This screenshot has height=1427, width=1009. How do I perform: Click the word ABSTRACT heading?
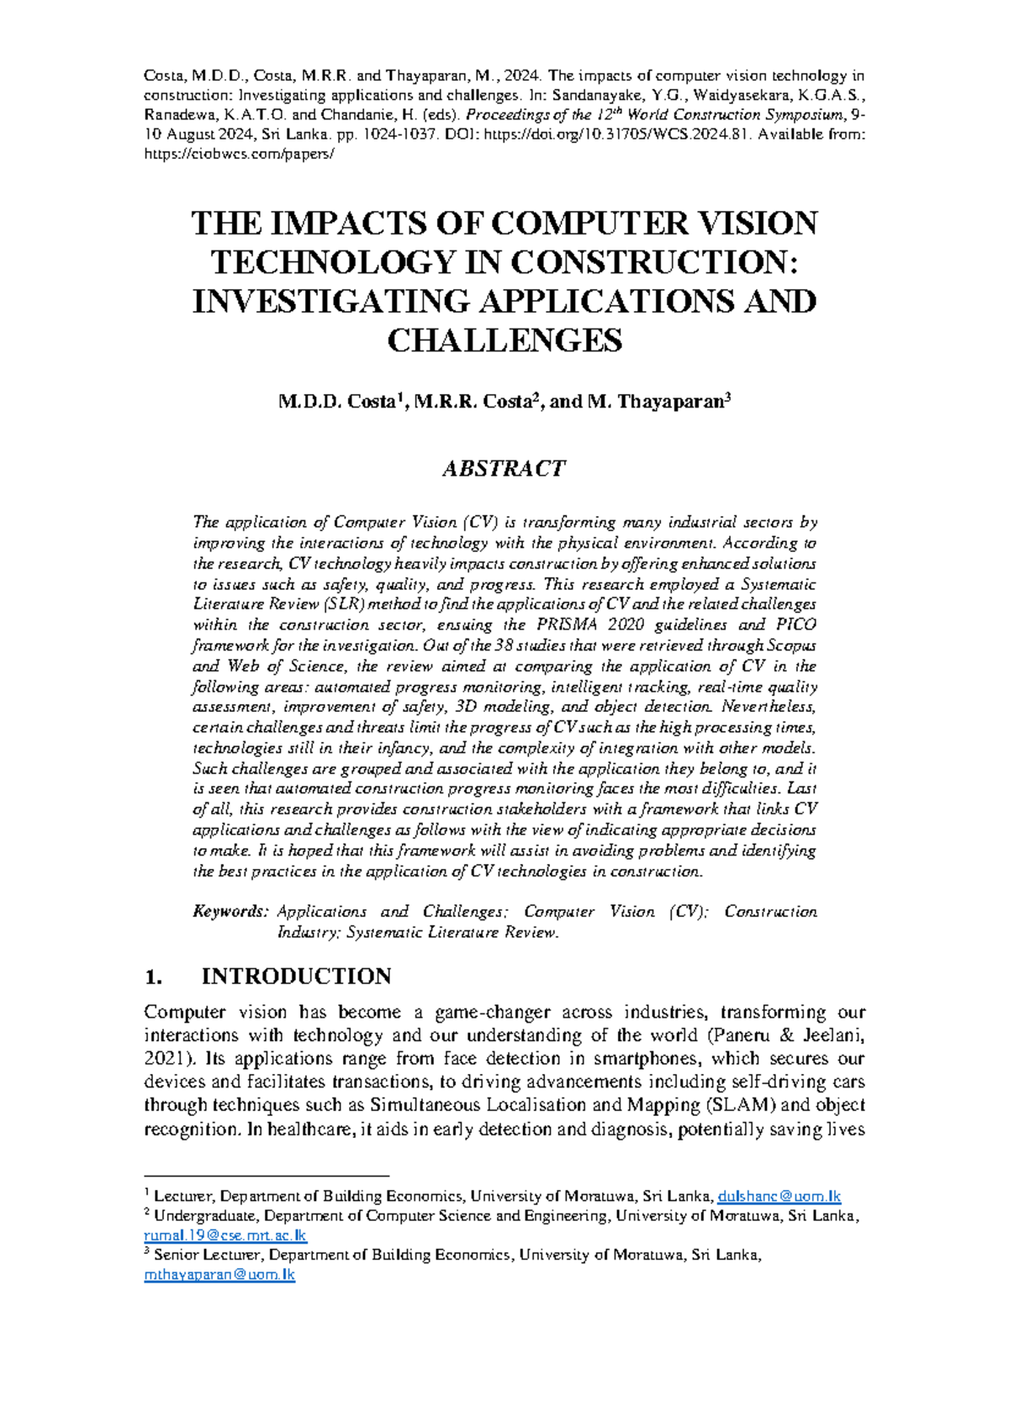click(504, 468)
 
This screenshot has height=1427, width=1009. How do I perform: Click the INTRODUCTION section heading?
click(296, 976)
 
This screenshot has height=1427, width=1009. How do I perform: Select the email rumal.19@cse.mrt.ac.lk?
click(225, 1235)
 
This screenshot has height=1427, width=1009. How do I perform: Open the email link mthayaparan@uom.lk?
click(219, 1274)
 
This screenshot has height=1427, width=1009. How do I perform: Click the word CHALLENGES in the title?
click(504, 340)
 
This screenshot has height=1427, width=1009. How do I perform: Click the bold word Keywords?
click(230, 912)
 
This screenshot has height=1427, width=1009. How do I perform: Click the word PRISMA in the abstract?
click(561, 625)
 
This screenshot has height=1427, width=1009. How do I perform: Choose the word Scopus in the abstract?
click(790, 645)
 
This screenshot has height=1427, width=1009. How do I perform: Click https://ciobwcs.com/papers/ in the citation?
click(239, 155)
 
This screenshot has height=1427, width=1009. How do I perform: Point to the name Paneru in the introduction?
click(742, 1035)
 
